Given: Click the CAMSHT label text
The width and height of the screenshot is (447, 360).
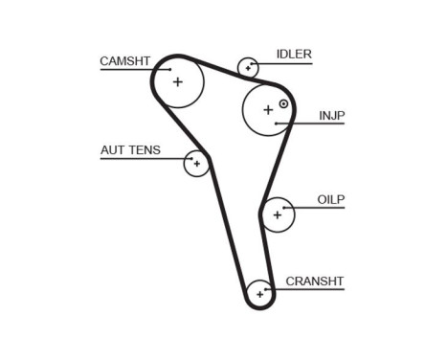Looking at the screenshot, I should [125, 61].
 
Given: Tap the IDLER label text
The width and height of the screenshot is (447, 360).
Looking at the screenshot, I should [294, 55].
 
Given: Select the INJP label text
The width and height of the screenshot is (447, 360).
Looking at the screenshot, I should [331, 116].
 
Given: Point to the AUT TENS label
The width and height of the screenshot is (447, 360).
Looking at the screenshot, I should [130, 150].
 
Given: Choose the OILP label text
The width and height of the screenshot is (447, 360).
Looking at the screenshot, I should [330, 199].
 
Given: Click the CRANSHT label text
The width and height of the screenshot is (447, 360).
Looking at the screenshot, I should [314, 281].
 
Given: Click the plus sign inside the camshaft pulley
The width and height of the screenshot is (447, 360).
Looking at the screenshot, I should [178, 81].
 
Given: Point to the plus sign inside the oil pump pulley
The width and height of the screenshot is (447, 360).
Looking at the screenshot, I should [278, 214].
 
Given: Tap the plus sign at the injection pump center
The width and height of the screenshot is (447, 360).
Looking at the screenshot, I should [267, 109].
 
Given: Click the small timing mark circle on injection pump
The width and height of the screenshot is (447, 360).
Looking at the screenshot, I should [283, 102].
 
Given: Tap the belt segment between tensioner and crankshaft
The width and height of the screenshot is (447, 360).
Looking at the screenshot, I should [227, 225].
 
